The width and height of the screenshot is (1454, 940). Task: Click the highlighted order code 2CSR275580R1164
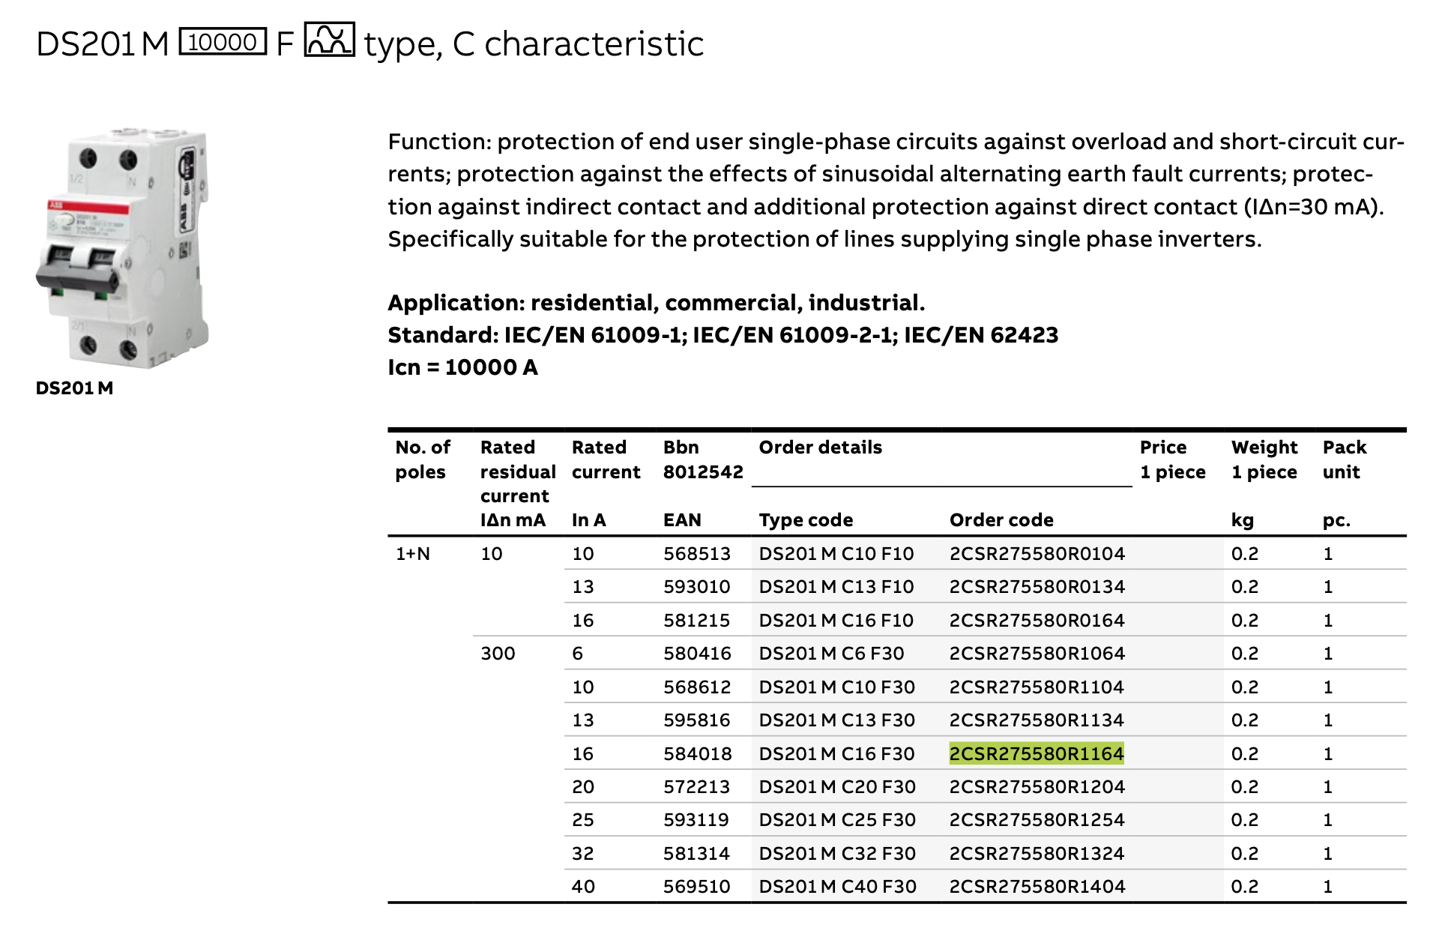tap(1036, 753)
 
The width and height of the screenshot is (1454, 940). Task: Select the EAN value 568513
tap(696, 554)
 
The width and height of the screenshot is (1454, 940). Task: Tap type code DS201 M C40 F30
tap(837, 887)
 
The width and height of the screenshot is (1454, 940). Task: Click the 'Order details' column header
tap(820, 448)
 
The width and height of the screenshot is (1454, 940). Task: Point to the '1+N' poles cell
tap(413, 554)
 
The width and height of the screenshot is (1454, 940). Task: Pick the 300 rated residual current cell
tap(498, 654)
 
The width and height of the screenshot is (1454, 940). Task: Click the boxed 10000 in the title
tap(223, 42)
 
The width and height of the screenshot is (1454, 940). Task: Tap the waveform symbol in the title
tap(329, 40)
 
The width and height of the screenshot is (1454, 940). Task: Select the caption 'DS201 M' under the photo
tap(74, 388)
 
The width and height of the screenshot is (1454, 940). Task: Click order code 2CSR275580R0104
tap(1037, 554)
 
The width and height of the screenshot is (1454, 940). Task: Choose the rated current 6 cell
tap(577, 654)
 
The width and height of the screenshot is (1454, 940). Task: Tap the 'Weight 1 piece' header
tap(1264, 460)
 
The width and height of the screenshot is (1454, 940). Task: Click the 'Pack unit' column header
tap(1344, 460)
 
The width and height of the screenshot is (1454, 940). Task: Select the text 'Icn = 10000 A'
tap(462, 367)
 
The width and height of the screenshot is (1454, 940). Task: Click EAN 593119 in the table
tap(696, 820)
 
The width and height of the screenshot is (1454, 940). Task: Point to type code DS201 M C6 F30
tap(831, 654)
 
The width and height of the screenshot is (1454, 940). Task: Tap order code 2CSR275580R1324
tap(1037, 854)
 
